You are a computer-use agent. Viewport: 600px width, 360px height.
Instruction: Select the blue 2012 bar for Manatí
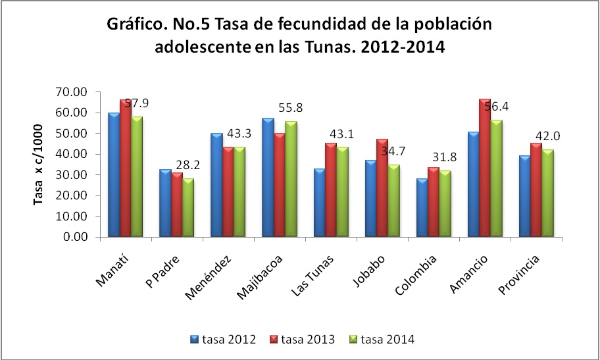[113, 175]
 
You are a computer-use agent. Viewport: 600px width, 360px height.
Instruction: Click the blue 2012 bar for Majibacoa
[267, 178]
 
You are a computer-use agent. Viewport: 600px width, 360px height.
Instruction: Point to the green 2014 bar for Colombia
[445, 204]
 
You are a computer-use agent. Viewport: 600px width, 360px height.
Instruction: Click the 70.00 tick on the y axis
[74, 92]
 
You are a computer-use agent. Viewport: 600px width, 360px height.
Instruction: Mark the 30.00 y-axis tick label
[74, 175]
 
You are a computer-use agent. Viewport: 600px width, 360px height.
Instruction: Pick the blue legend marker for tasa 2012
[194, 340]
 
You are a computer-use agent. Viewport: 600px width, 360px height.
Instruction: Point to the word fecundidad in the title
[284, 25]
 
